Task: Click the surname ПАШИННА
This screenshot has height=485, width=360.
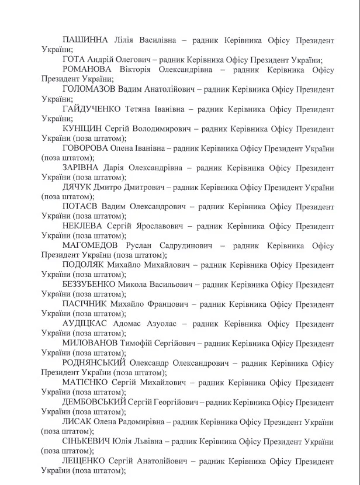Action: click(x=85, y=40)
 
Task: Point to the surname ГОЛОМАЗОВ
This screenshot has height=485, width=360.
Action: click(x=88, y=89)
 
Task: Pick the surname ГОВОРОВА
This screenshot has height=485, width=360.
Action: click(x=86, y=148)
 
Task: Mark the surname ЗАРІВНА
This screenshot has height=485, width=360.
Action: click(x=82, y=168)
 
